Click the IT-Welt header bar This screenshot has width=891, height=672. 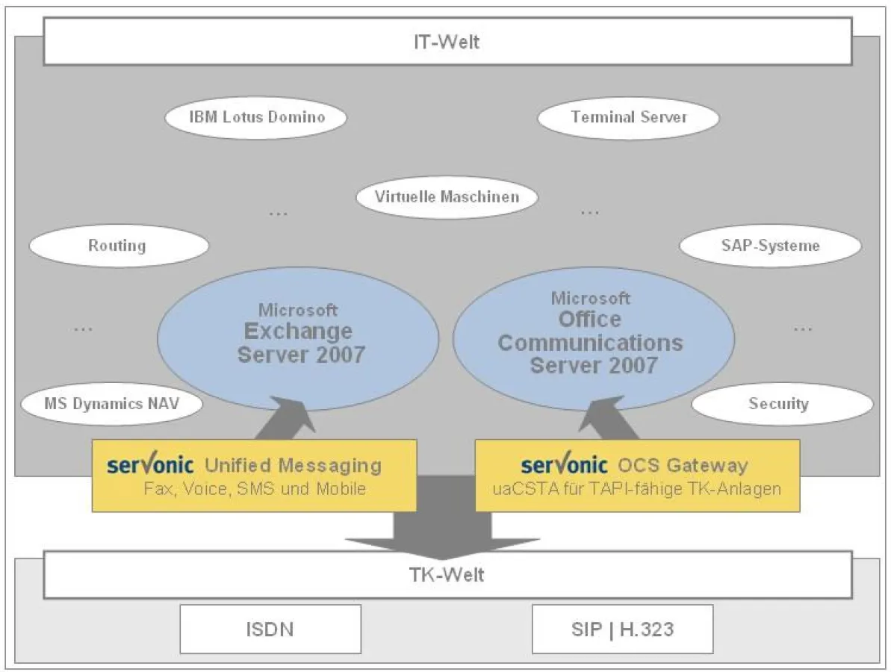pos(446,42)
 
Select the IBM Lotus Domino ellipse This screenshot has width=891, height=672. pos(256,117)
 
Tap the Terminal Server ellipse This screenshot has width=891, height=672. pos(628,117)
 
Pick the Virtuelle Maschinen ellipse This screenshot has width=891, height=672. pos(447,198)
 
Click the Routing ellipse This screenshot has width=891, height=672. pos(117,246)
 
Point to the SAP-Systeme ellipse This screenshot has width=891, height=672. pos(771,246)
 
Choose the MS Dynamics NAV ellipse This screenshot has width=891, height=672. pos(111,404)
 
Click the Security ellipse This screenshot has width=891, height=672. pos(781,404)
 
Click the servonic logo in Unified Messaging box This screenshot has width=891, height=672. pos(150,465)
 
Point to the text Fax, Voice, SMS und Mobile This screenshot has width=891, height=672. pos(255,490)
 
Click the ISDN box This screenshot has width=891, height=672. pos(270,629)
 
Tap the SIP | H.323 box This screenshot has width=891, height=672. pos(622,629)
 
